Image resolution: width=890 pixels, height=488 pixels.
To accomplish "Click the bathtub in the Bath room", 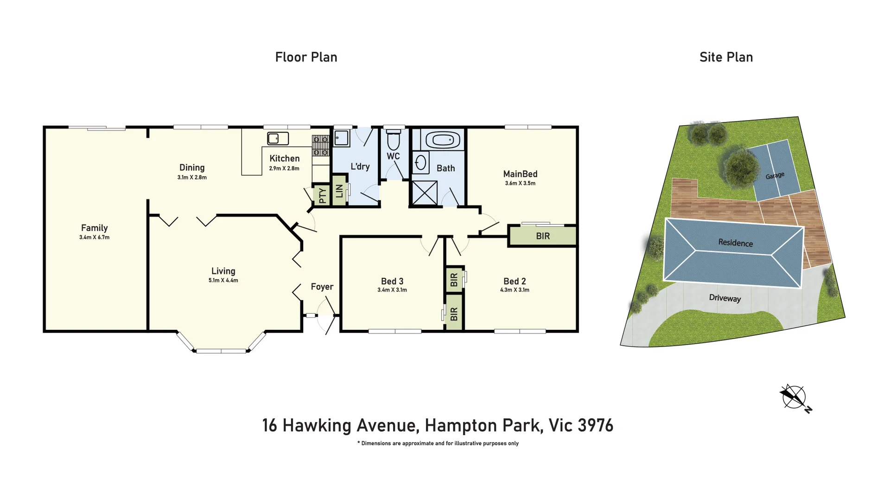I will point(443,140).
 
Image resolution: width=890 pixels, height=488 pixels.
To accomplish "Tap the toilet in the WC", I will point(394,140).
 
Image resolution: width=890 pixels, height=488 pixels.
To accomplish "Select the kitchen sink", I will point(278,138).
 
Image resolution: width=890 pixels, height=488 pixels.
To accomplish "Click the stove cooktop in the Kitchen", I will point(320,146).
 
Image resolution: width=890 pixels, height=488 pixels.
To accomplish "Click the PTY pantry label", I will point(322,195).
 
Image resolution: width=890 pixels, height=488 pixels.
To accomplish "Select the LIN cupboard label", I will point(339,191).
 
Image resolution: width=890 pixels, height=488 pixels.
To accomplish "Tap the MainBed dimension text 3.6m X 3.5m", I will point(520,183).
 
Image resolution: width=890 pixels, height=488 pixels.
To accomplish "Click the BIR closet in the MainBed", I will point(543,236).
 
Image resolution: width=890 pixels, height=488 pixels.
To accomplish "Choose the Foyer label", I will point(322,287).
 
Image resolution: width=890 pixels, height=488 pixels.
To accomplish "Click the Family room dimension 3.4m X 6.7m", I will point(94,237).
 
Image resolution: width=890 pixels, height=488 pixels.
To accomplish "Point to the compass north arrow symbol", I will point(795,398).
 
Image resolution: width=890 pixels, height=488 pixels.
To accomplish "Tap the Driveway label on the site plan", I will point(725,298).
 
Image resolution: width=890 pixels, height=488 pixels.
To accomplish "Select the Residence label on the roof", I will point(735,243).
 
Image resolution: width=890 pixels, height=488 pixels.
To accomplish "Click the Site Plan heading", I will point(726,57).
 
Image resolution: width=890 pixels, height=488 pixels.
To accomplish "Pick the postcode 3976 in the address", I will point(596,425).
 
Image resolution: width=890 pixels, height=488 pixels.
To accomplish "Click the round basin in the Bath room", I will point(421,163).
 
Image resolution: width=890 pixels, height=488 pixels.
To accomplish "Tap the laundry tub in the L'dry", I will point(342,138).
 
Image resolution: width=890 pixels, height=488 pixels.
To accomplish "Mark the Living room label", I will point(223,271).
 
